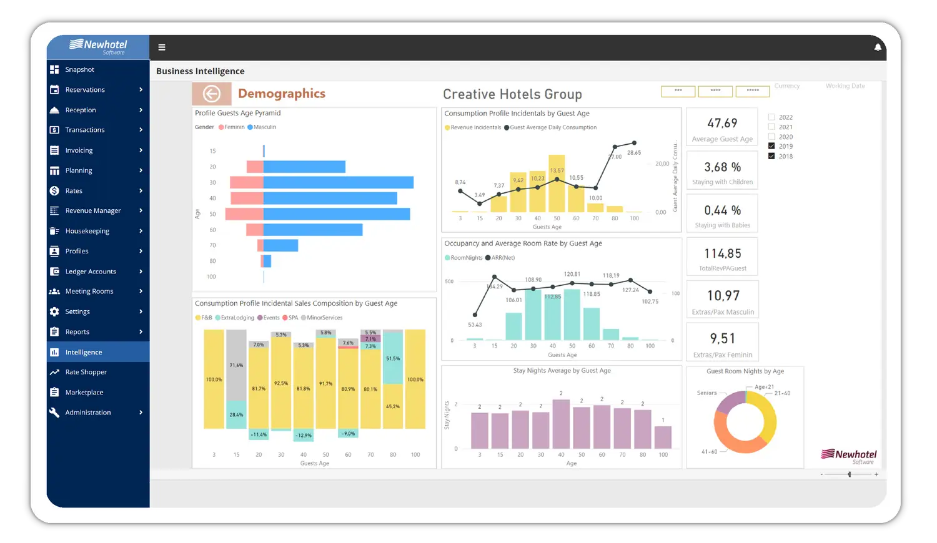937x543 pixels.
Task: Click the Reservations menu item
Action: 85,90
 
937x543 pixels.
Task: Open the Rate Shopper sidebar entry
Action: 86,372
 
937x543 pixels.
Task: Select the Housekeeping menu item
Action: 87,231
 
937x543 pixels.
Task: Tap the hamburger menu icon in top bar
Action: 162,47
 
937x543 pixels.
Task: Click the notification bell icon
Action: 878,47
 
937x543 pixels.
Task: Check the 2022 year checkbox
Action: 771,117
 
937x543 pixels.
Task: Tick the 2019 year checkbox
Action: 771,146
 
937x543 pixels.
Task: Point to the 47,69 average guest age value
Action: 722,124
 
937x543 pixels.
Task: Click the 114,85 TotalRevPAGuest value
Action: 723,253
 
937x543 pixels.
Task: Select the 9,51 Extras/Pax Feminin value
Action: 723,339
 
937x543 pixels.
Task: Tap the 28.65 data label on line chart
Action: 634,153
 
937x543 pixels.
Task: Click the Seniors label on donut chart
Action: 706,393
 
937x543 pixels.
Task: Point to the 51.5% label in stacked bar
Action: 393,359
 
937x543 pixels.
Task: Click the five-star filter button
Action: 753,91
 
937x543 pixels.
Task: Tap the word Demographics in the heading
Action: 282,94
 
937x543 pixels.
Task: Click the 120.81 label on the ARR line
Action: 572,275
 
